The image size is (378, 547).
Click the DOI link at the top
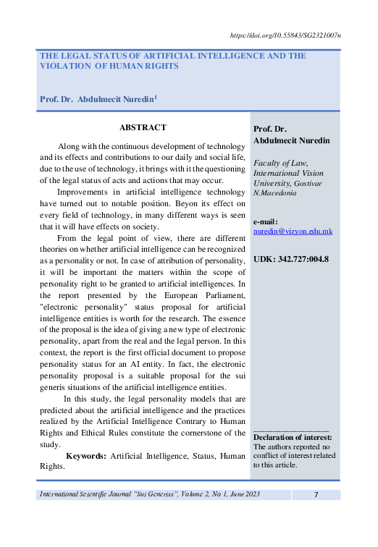point(285,34)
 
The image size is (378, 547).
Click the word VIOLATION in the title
point(64,66)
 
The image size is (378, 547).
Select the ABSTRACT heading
point(143,127)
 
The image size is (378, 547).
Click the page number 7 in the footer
point(316,494)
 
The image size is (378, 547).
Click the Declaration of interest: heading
point(293,437)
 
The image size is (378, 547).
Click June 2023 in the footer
point(239,494)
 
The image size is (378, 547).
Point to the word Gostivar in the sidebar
point(304,183)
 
